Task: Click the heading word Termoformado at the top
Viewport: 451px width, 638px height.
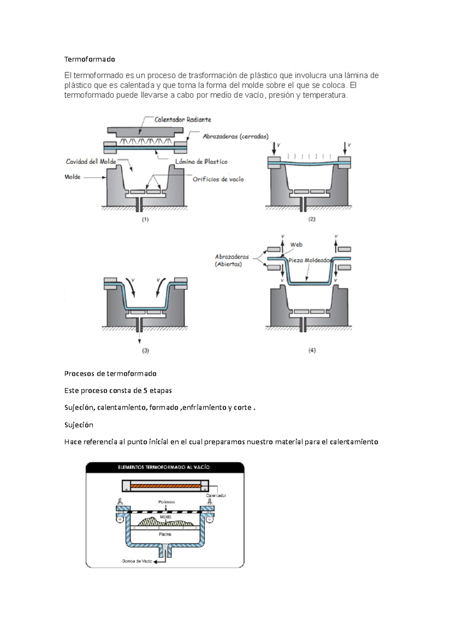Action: pos(89,59)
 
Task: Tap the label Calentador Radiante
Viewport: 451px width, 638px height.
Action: pos(183,119)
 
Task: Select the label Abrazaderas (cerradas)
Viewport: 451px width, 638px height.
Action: pos(236,136)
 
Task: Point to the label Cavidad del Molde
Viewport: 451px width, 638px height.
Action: pos(91,162)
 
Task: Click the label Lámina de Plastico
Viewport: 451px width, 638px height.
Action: pos(201,162)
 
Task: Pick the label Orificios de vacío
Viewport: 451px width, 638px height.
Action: pos(218,179)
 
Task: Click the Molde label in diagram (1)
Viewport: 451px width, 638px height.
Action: pos(73,177)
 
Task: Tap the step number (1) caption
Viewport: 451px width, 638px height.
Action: pos(145,219)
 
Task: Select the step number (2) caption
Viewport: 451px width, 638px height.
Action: pos(312,219)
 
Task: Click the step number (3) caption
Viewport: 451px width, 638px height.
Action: pos(145,351)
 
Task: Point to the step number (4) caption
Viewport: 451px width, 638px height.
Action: pos(312,350)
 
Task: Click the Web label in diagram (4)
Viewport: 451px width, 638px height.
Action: pos(296,245)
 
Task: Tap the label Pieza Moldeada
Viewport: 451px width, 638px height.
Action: pos(309,260)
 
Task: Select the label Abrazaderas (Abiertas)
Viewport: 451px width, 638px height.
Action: pos(232,260)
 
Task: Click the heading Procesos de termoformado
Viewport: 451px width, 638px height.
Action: pos(110,373)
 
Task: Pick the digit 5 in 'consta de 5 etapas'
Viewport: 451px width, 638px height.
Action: pos(145,390)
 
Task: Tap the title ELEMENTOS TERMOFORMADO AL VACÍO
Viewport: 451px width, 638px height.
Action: pos(163,467)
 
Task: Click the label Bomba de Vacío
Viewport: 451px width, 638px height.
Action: pos(137,561)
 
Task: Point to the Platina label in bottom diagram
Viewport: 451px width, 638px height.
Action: pos(165,534)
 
